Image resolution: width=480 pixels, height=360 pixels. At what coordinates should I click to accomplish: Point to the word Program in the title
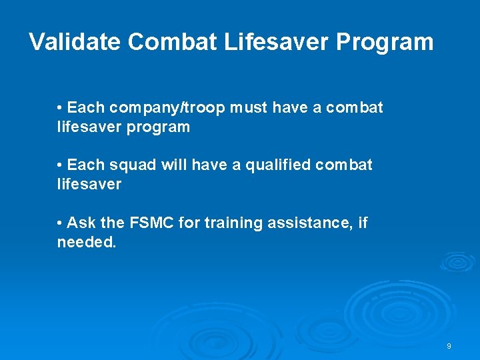(385, 43)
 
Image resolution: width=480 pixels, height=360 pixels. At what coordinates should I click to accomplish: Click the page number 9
(449, 346)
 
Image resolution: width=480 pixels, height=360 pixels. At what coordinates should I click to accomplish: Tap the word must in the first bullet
(245, 108)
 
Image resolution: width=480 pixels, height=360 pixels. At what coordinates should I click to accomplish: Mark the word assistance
(309, 223)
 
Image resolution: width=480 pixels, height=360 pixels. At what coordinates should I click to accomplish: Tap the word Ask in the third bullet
(81, 223)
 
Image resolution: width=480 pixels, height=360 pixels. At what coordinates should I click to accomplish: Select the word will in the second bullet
(173, 165)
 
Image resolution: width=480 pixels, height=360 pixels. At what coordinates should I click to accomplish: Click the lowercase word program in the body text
(158, 127)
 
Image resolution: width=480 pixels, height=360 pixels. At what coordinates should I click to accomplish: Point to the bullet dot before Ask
(60, 223)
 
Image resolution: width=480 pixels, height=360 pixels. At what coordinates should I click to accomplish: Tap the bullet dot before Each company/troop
(60, 108)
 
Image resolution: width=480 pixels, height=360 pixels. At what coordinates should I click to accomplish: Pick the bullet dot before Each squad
(60, 165)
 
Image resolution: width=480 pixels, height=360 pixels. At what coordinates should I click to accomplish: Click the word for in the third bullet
(188, 223)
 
